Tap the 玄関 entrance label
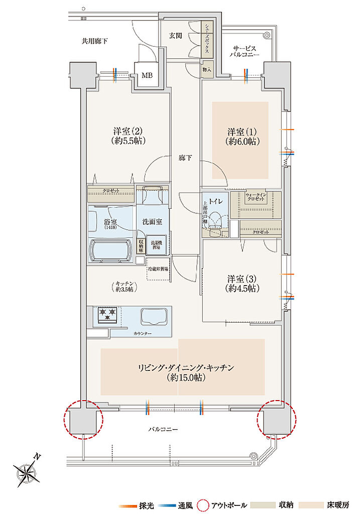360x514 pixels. (175, 36)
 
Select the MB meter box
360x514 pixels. (147, 76)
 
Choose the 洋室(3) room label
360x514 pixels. (243, 283)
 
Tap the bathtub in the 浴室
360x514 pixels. (111, 250)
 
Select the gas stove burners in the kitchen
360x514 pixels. (108, 315)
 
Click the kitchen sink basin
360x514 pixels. (155, 316)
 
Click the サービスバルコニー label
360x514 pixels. (245, 49)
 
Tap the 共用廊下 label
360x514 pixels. (94, 41)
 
